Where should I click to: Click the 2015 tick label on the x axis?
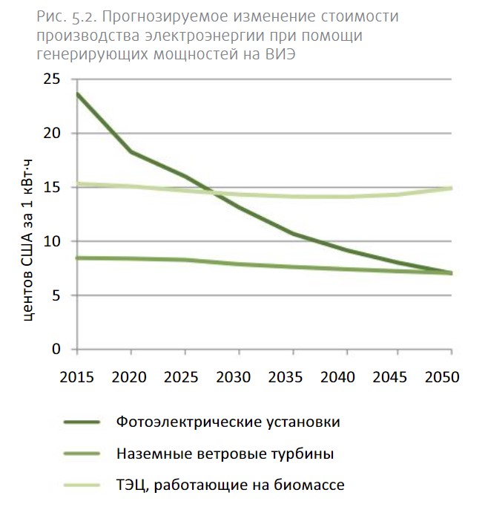(76, 376)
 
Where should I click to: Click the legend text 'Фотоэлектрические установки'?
(228, 422)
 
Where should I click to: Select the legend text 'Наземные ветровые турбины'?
(225, 454)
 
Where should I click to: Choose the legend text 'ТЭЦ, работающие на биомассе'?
(231, 485)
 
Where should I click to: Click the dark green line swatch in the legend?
(82, 423)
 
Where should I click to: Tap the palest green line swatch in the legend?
(82, 485)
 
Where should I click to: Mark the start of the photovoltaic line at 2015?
(77, 94)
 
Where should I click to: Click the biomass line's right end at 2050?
(451, 189)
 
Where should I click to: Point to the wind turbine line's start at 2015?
(77, 258)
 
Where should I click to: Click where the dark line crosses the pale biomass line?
(209, 192)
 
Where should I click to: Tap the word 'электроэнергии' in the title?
(208, 36)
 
